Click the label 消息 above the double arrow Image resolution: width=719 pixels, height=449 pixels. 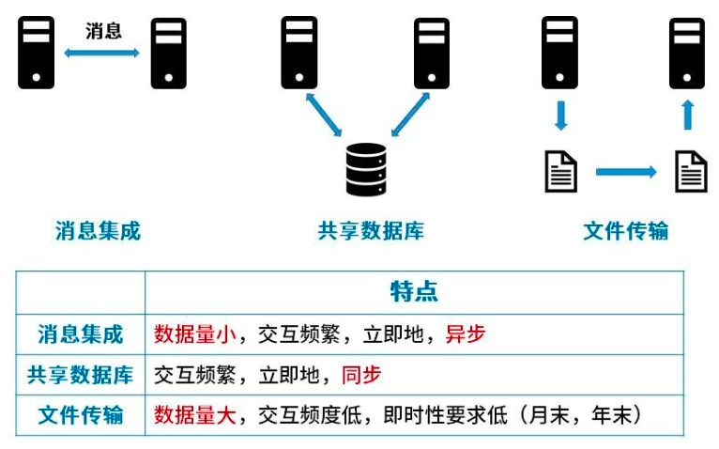click(x=103, y=31)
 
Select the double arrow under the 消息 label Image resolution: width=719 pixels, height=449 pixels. click(x=102, y=54)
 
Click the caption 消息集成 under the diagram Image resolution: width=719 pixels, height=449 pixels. click(x=98, y=230)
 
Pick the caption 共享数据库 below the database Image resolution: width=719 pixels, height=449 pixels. click(x=371, y=230)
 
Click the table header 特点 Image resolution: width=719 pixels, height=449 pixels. click(x=414, y=291)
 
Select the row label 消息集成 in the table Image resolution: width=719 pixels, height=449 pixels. click(x=81, y=334)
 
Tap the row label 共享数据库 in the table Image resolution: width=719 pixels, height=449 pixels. click(x=81, y=375)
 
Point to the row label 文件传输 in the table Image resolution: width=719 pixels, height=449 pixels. click(x=81, y=415)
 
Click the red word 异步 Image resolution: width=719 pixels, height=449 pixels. click(x=466, y=333)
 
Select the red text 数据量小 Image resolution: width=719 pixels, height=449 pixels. click(x=195, y=333)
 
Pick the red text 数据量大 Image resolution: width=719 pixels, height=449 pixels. click(x=195, y=415)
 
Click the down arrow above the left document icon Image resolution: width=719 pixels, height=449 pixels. click(x=560, y=116)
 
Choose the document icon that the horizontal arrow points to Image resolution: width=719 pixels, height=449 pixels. click(x=691, y=171)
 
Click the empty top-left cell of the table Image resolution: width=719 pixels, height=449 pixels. click(x=81, y=292)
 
